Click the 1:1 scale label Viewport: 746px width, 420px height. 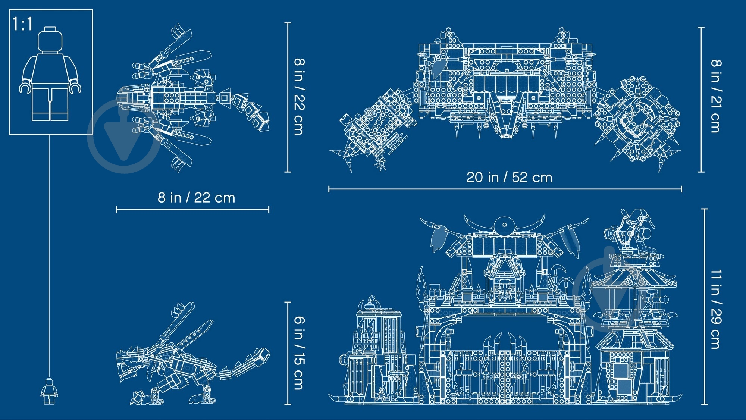coord(23,24)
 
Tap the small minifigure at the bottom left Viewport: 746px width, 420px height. coord(49,391)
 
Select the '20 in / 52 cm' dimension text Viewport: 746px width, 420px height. coord(509,177)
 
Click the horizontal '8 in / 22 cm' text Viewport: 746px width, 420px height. coord(196,197)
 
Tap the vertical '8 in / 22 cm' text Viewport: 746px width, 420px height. coord(299,96)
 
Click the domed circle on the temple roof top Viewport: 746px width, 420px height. coord(504,225)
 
